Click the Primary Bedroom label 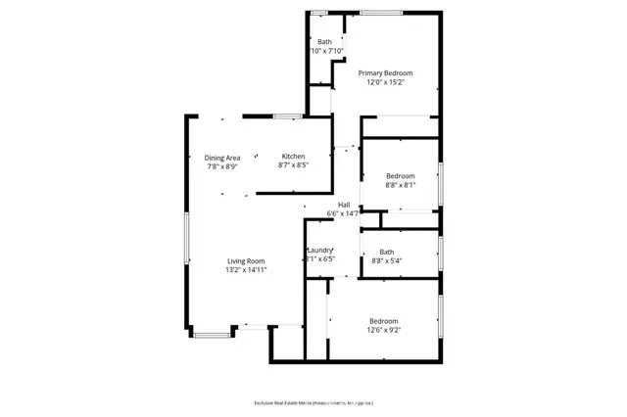point(384,73)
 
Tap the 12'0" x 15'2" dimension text point(384,83)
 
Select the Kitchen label point(293,157)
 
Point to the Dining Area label point(222,158)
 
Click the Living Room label point(246,260)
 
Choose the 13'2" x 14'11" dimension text point(246,270)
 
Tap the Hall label point(344,204)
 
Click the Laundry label point(320,251)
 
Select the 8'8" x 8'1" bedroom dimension point(401,184)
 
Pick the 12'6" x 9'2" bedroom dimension point(383,331)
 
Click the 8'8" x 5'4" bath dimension point(386,260)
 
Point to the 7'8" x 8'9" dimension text point(222,166)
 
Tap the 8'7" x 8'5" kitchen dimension point(293,166)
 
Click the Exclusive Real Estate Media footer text point(313,402)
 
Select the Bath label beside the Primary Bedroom point(324,41)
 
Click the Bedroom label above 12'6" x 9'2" point(383,321)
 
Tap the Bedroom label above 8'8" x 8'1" point(401,175)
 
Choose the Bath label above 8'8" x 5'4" point(386,252)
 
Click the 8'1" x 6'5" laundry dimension point(320,259)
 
